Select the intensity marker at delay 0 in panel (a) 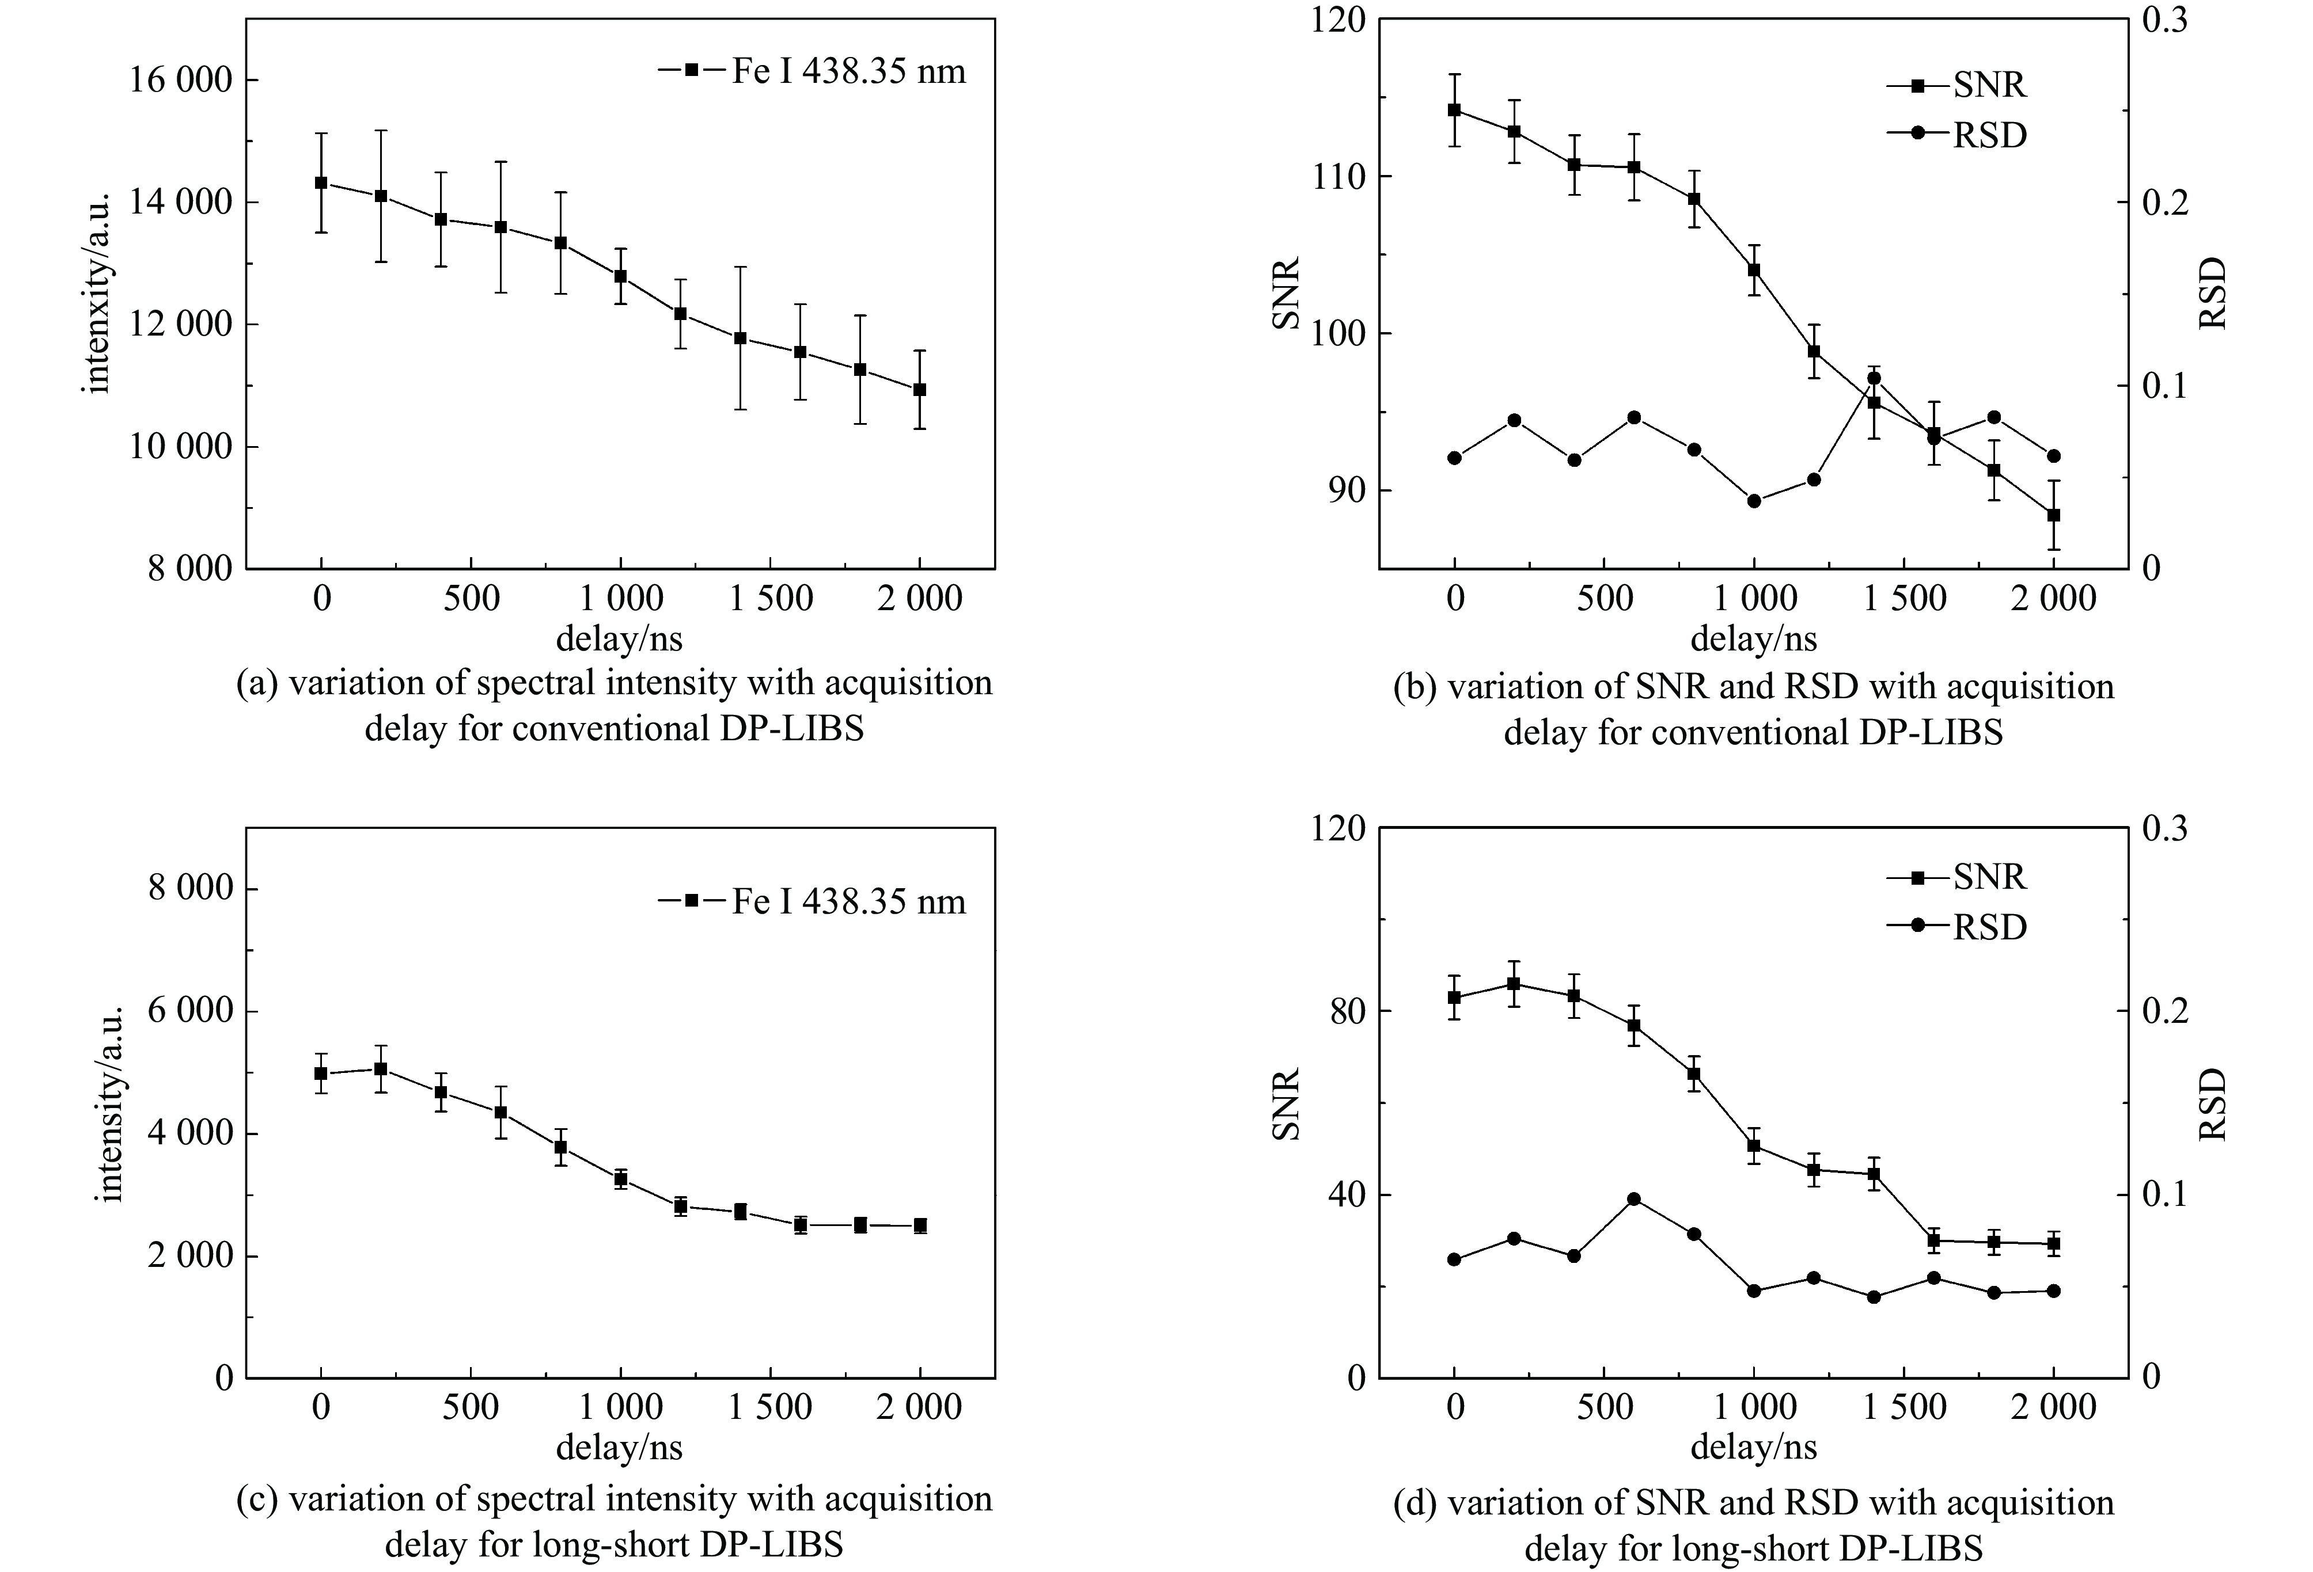point(320,183)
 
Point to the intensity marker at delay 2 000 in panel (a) point(920,389)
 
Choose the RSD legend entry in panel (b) point(1956,134)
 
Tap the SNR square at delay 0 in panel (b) point(1454,109)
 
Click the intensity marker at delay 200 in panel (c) point(380,1068)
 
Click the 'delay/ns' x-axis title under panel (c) point(619,1448)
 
